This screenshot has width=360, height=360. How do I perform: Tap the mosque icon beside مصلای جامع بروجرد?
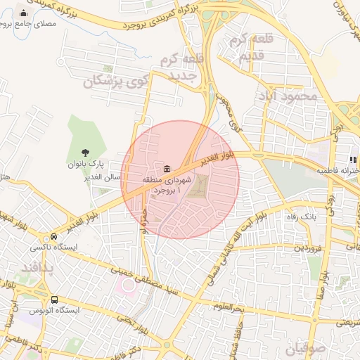25,13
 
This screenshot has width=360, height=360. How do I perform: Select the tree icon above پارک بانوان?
85,152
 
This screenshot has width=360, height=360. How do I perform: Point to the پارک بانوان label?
85,165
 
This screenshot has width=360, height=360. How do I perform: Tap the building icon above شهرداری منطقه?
167,169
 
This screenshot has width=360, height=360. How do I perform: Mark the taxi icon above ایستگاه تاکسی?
54,236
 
